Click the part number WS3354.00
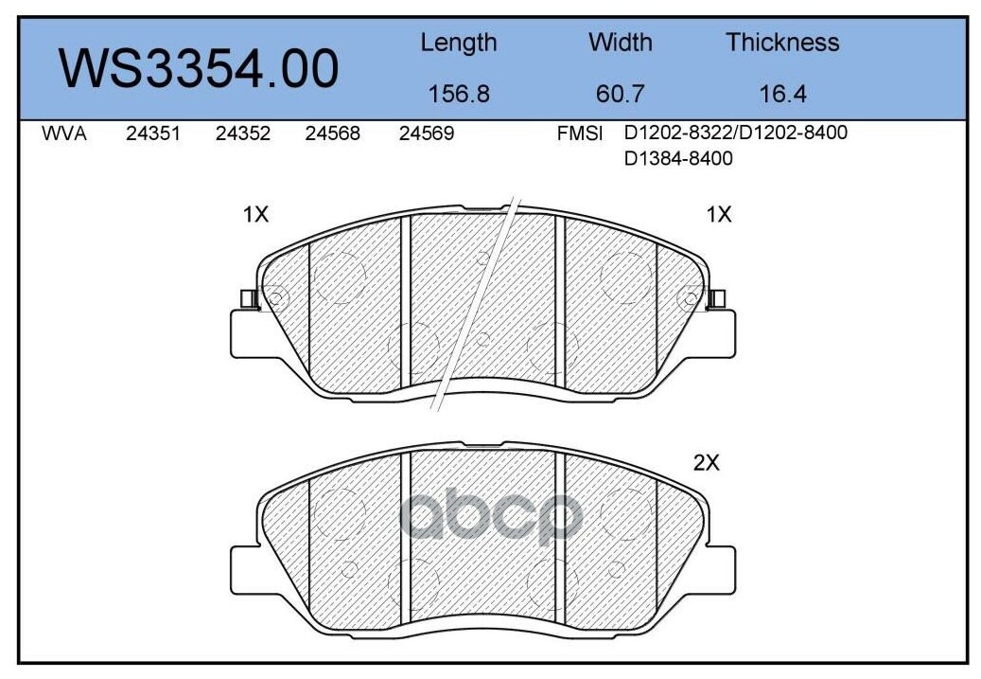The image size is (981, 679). click(x=199, y=69)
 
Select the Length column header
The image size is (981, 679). click(x=458, y=43)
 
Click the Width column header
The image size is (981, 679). click(x=620, y=43)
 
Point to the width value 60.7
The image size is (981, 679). click(x=620, y=94)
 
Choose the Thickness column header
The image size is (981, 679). click(x=781, y=43)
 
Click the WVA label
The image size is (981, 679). click(x=64, y=134)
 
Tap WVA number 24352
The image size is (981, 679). click(x=243, y=134)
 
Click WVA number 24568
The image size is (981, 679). click(x=332, y=134)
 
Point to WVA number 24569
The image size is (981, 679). click(x=426, y=134)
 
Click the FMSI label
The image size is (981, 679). click(x=580, y=134)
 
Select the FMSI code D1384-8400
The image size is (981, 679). click(x=678, y=159)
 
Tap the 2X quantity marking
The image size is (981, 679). click(x=707, y=463)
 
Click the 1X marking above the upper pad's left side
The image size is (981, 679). click(x=255, y=215)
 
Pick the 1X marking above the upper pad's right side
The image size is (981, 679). click(x=719, y=215)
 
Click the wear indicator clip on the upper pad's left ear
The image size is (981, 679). click(x=249, y=299)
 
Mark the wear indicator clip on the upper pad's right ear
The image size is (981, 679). click(x=716, y=299)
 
